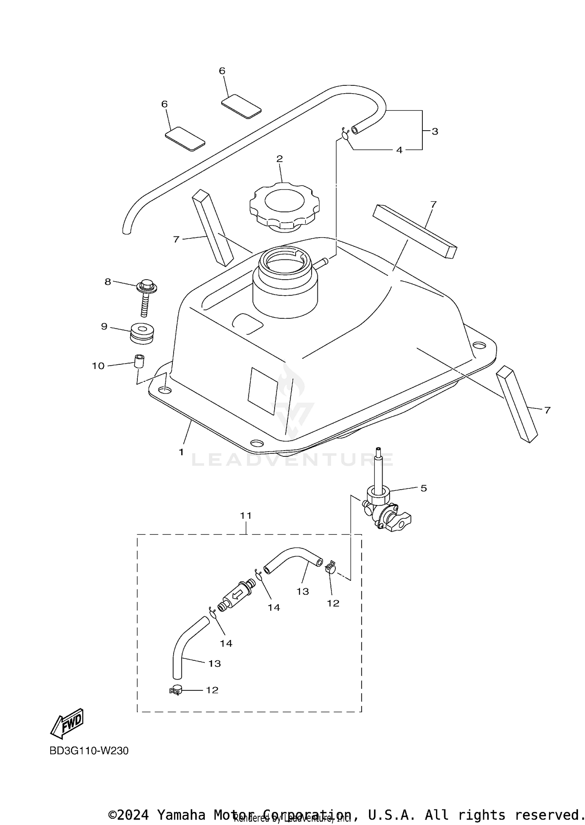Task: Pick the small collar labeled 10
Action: coord(139,361)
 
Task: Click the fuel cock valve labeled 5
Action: coord(384,512)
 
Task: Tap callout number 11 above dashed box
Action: coord(246,516)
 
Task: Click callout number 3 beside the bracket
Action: coord(435,131)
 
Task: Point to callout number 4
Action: coord(399,150)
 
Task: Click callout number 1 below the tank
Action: coord(181,452)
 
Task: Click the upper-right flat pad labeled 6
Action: coord(241,106)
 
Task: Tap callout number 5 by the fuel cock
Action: coord(424,488)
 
